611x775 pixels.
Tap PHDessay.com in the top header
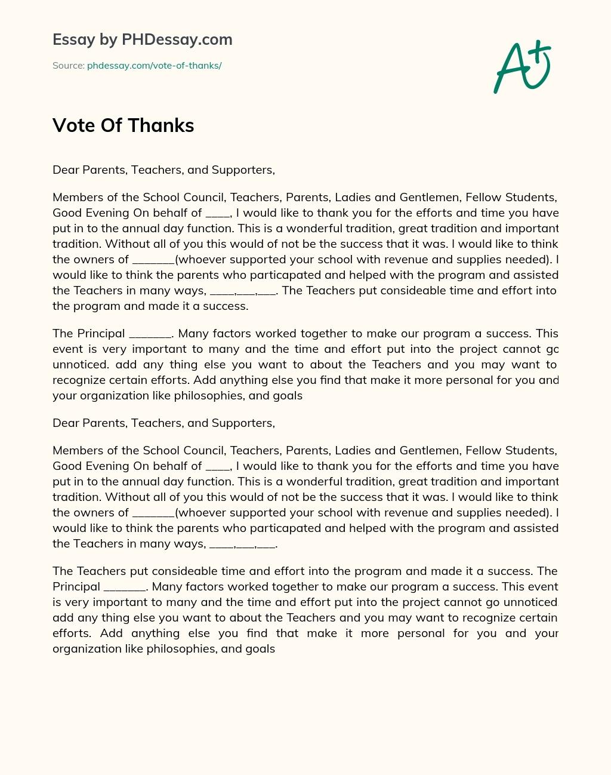click(177, 40)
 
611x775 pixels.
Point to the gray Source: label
click(69, 66)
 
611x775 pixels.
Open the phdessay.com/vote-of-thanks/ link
click(154, 66)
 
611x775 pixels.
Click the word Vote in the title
click(73, 125)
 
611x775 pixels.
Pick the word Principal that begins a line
click(76, 587)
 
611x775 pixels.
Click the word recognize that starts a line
click(77, 380)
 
